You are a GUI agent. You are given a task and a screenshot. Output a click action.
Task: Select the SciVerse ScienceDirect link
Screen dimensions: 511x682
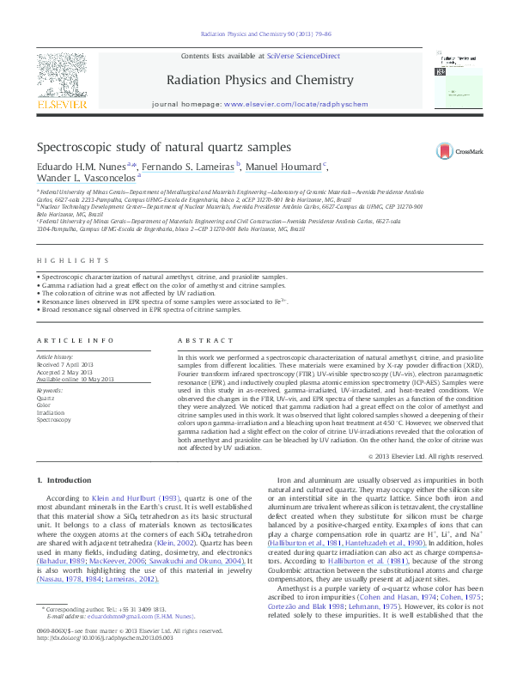pyautogui.click(x=303, y=56)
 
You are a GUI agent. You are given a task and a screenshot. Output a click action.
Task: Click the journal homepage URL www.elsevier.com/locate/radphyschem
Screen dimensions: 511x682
pyautogui.click(x=295, y=103)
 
